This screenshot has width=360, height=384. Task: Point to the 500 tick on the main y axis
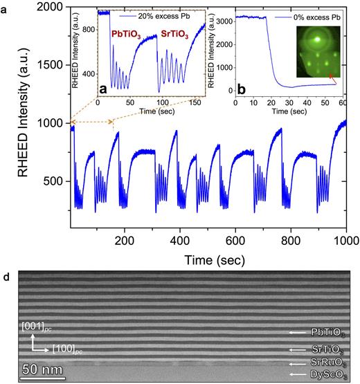[55, 181]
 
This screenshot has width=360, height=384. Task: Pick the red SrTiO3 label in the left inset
[178, 33]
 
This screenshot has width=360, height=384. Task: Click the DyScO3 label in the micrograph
[326, 374]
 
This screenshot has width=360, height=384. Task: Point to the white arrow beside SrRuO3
[297, 363]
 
